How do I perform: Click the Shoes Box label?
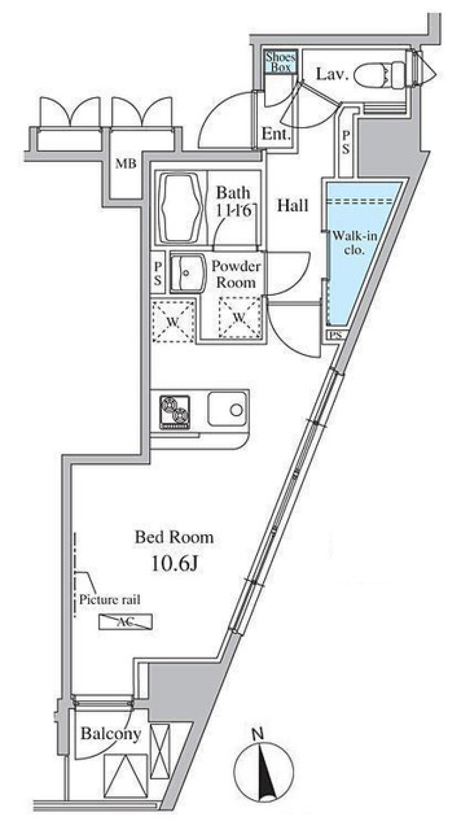point(281,62)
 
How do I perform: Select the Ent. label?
point(276,134)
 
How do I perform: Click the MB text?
point(126,163)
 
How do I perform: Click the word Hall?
point(292,206)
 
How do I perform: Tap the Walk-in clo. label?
point(355,243)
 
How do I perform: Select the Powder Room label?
point(236,274)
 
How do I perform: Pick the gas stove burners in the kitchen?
point(175,411)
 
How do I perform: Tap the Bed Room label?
point(174,537)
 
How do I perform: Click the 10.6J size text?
point(174,564)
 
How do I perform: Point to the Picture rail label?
point(109,600)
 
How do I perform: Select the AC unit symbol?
point(125,622)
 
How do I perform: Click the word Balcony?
point(111,734)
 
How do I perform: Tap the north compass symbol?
point(263,772)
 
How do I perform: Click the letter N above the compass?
point(258,734)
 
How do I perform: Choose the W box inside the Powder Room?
point(240,318)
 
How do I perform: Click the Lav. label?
point(332,75)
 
